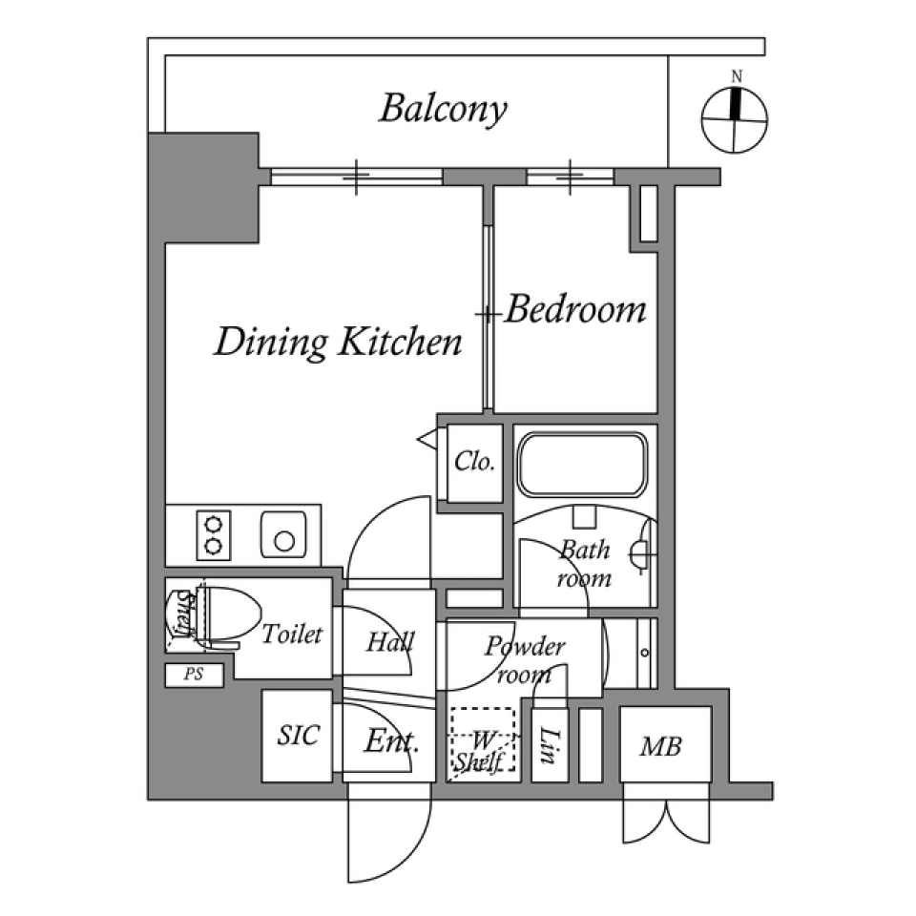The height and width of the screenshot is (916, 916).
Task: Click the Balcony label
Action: coord(442,109)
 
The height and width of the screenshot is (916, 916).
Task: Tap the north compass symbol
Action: coord(735,120)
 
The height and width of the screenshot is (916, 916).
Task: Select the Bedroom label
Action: coord(575,310)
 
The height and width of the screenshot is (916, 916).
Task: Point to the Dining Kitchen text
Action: coord(338,342)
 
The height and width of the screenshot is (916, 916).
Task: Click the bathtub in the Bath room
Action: coord(581,464)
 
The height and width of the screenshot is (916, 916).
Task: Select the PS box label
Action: coord(194,675)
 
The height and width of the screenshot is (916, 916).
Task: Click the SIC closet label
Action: coord(298,736)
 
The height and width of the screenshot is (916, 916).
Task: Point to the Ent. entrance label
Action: coord(391,741)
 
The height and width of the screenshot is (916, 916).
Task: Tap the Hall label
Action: coord(388,642)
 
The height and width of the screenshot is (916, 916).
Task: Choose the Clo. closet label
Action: coord(474,463)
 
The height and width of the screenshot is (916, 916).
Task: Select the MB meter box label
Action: coord(660,747)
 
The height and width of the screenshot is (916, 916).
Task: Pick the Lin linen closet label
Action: coord(549,745)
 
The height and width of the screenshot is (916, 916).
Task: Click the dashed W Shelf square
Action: coord(483,741)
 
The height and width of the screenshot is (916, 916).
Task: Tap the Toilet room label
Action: coord(293,634)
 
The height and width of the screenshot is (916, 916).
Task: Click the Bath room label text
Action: coord(584,564)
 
